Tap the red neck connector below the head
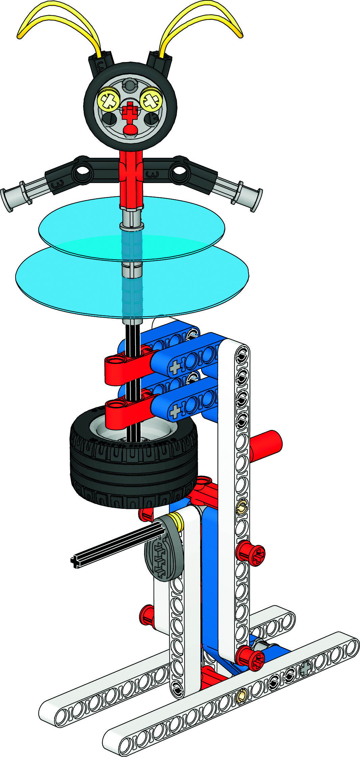(x=132, y=179)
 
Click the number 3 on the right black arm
(x=152, y=174)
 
